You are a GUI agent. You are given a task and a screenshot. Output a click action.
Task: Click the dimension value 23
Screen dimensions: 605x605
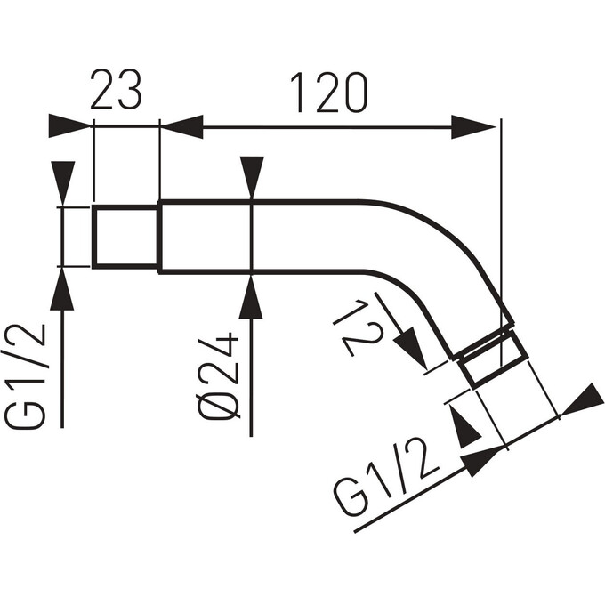point(117,90)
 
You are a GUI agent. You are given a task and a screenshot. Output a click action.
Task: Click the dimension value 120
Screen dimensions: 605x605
point(329,93)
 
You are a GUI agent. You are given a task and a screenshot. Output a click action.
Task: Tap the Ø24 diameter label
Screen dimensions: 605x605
point(218,375)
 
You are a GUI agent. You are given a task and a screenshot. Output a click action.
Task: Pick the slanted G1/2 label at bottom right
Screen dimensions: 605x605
point(386,478)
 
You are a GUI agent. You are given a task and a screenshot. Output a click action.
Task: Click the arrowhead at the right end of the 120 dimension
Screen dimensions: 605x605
point(473,126)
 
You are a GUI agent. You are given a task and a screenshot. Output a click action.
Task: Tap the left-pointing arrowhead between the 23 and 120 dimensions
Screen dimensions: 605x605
point(181,126)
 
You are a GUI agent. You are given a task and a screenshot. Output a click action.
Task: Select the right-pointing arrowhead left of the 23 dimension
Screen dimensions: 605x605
point(70,125)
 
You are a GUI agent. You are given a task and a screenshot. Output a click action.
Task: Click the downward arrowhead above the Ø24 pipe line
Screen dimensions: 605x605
point(252,178)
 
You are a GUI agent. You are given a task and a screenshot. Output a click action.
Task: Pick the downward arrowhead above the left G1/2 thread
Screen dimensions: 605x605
point(63,183)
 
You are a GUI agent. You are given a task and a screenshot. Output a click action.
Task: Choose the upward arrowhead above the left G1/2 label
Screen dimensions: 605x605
point(62,288)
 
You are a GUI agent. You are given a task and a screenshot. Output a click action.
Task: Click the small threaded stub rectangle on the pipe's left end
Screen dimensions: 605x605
point(125,237)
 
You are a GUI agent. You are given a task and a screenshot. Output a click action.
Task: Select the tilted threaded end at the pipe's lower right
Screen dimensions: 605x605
point(492,360)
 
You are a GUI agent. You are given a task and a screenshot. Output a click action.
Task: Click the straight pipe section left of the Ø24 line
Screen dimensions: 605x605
point(206,237)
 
